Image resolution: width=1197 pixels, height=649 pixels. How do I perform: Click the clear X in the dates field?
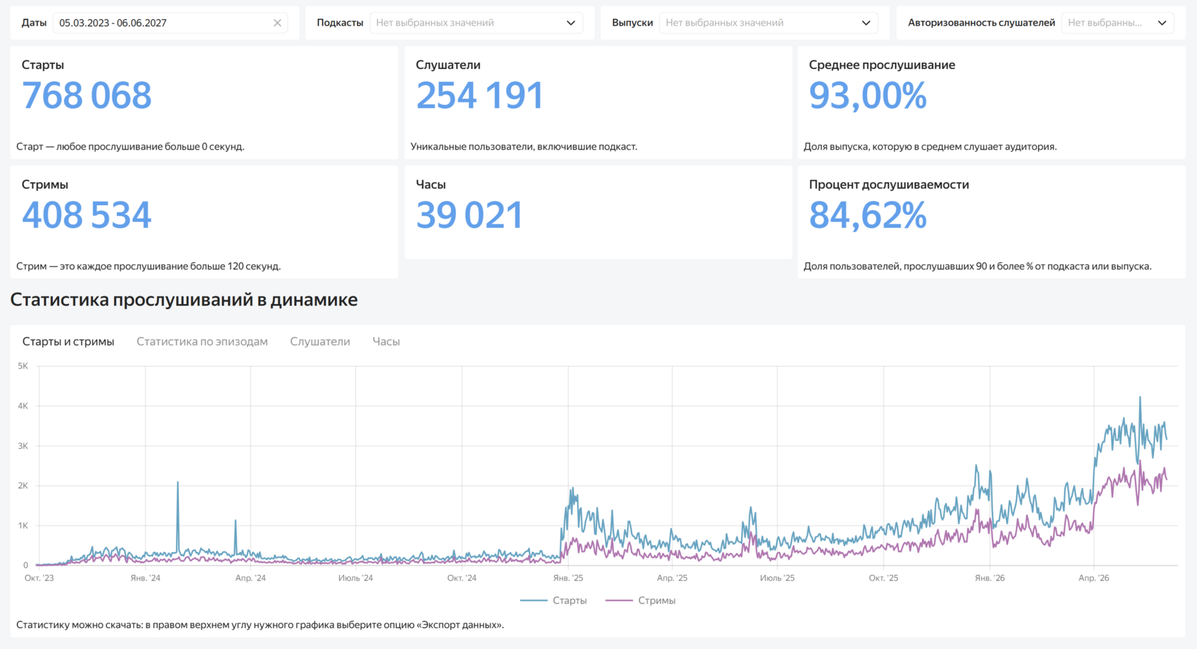point(277,23)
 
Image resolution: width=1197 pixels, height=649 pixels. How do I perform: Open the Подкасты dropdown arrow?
point(571,23)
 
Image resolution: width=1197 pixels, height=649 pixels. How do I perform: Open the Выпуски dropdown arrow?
point(866,23)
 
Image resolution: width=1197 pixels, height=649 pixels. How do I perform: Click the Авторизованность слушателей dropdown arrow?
point(1161,23)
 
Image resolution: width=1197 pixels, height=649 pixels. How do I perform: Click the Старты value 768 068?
point(87,95)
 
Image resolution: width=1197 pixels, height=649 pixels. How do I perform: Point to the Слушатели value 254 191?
point(480,95)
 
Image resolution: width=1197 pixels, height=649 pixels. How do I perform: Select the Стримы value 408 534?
point(87,215)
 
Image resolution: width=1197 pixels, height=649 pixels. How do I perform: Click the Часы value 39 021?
point(469,215)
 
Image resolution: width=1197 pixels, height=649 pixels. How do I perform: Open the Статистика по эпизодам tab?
point(202,341)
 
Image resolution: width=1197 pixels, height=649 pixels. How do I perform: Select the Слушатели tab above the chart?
point(320,341)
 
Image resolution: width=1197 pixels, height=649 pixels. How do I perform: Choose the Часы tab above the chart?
point(386,341)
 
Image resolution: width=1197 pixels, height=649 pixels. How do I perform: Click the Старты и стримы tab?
point(68,341)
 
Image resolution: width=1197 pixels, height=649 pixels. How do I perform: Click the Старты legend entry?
point(554,601)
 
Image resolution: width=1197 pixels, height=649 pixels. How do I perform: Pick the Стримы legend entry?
point(641,601)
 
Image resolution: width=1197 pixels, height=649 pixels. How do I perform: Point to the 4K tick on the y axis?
point(23,406)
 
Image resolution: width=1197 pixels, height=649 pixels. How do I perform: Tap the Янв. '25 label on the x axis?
point(568,578)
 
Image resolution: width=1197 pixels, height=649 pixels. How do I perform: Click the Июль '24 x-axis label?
point(356,578)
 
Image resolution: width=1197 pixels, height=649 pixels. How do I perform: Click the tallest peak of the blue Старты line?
point(1140,397)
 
